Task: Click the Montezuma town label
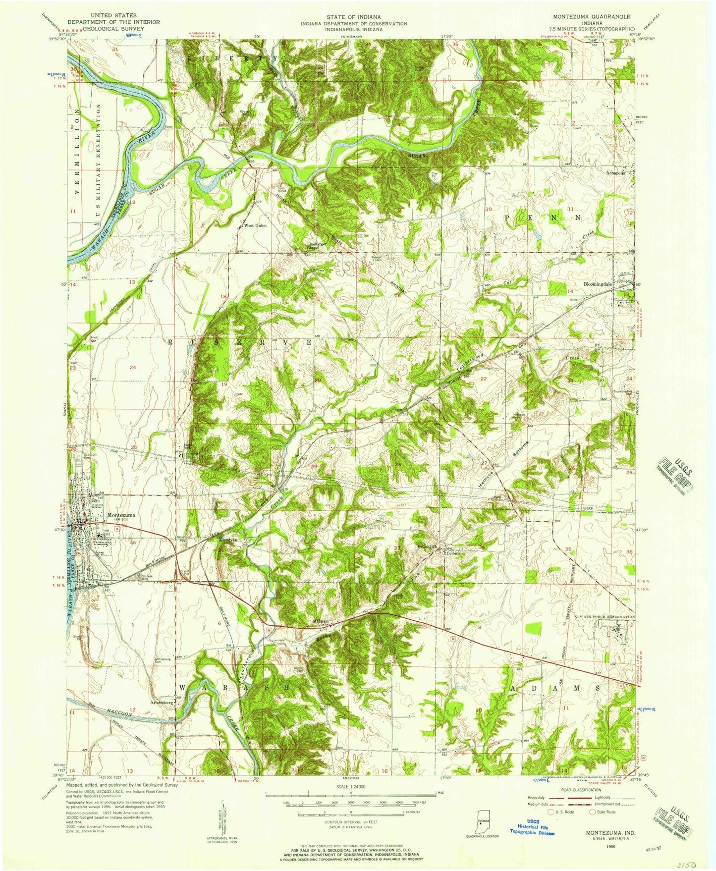coord(121,515)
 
